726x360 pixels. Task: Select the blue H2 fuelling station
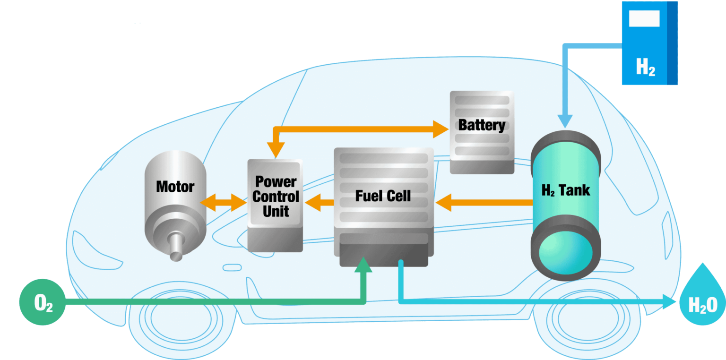[649, 43]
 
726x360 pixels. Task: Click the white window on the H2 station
[644, 18]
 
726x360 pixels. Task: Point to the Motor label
[175, 187]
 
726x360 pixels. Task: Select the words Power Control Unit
[276, 196]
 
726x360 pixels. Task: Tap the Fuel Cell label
[383, 196]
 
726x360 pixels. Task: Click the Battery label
[482, 125]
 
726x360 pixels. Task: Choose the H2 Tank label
[565, 190]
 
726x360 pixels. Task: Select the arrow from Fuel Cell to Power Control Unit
[320, 203]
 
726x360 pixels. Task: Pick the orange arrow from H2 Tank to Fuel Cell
[484, 203]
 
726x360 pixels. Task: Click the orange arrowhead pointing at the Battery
[441, 129]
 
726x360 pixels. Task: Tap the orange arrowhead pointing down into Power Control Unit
[275, 150]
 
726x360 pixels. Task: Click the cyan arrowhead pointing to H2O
[669, 301]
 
